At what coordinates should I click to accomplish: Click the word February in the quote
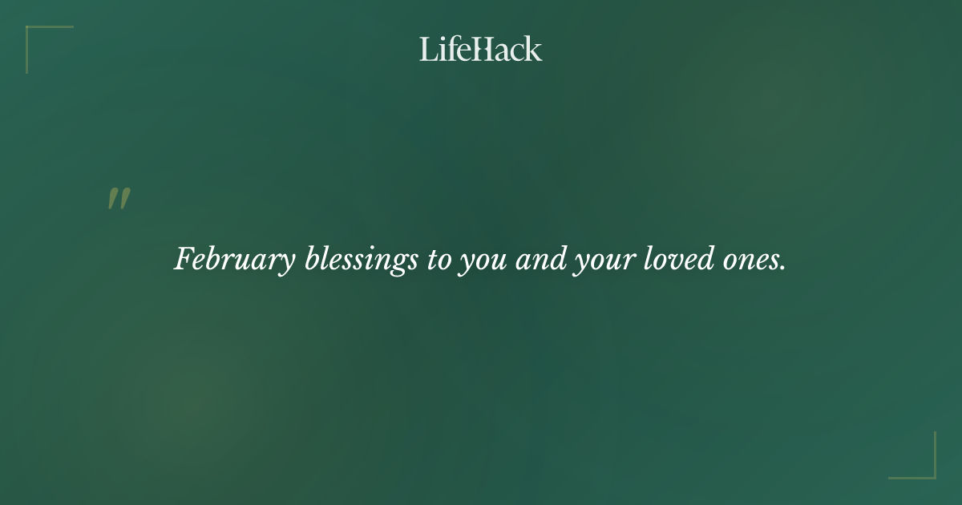pyautogui.click(x=235, y=261)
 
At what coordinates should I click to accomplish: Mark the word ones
pyautogui.click(x=752, y=261)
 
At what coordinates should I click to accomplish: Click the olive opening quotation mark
pyautogui.click(x=119, y=200)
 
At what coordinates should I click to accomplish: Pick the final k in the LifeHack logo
pyautogui.click(x=533, y=49)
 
